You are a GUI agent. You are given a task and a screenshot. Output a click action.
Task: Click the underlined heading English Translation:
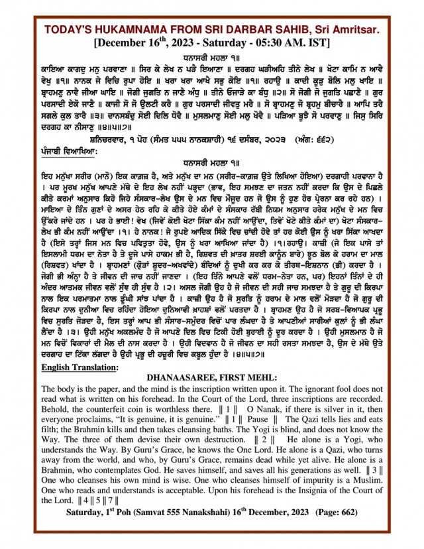point(80,366)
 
